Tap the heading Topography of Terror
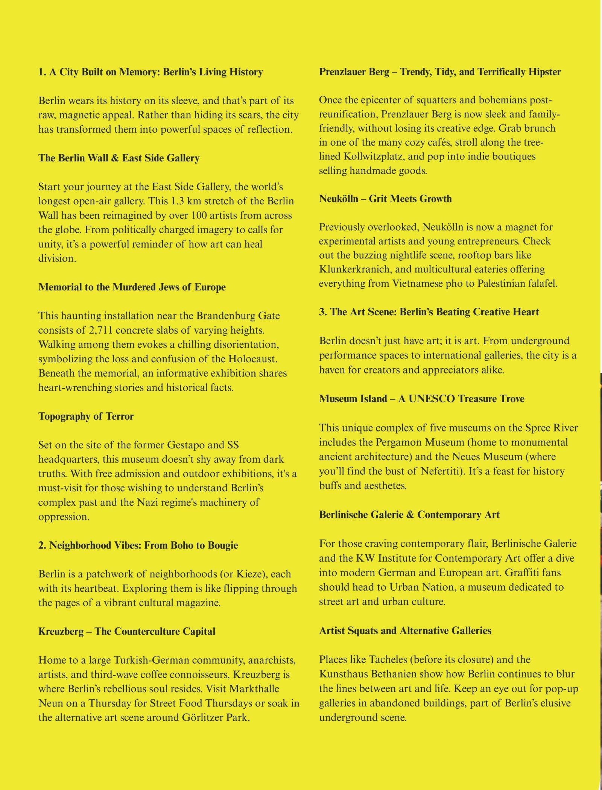tap(86, 416)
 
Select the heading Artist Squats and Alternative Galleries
tap(405, 630)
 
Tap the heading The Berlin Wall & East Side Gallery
tap(119, 158)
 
